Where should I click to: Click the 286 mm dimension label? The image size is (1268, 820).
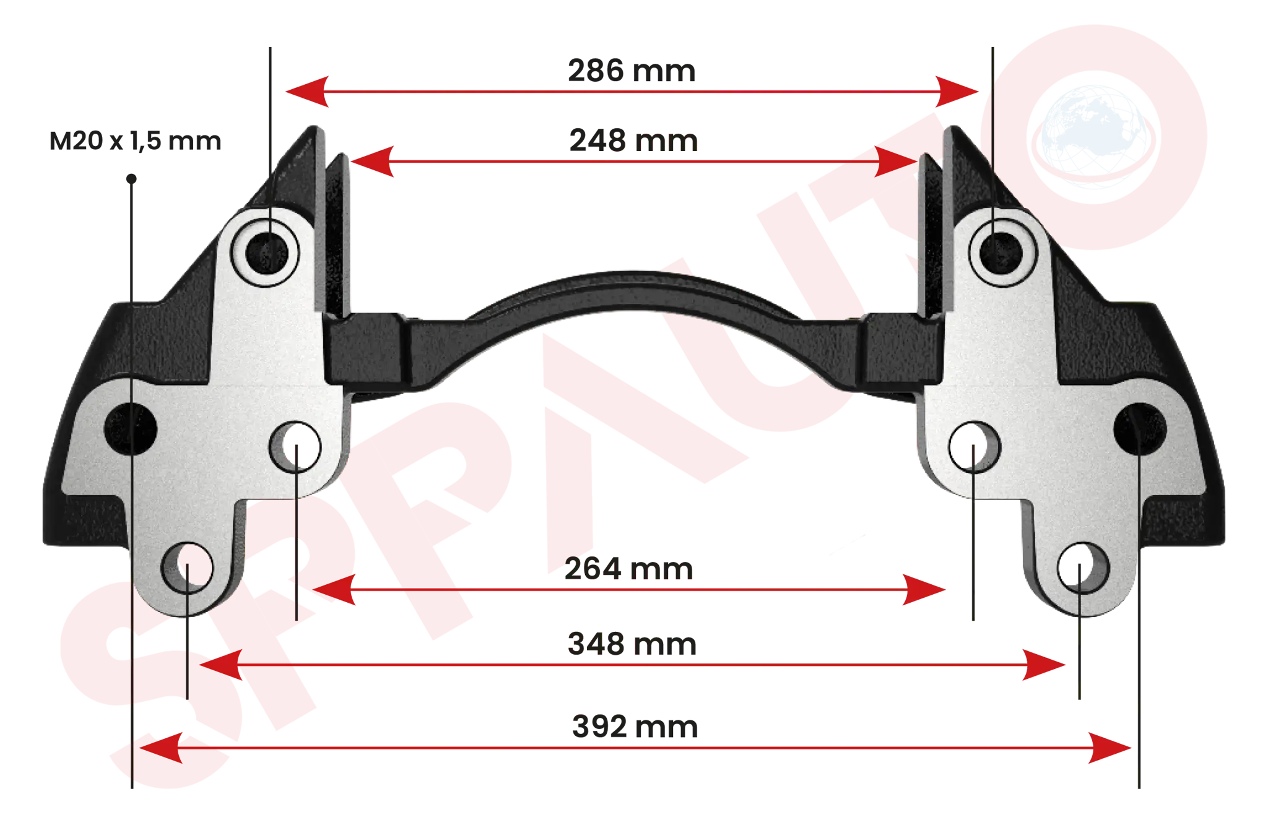click(632, 71)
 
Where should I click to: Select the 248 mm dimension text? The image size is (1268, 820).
click(633, 140)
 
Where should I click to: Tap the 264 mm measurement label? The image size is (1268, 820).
click(628, 569)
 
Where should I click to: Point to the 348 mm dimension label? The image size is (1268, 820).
click(632, 644)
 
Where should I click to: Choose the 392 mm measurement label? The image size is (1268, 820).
click(635, 727)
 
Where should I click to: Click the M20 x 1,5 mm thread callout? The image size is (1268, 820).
click(135, 141)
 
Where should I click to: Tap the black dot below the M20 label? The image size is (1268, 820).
click(131, 179)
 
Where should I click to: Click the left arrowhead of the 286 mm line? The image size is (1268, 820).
click(307, 92)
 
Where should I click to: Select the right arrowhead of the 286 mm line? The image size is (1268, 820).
click(957, 92)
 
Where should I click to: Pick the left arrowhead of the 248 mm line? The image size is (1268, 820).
click(372, 162)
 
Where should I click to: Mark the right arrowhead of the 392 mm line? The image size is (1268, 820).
click(1110, 748)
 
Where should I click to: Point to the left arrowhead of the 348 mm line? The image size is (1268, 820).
click(221, 665)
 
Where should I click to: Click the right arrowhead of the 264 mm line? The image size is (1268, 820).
click(924, 590)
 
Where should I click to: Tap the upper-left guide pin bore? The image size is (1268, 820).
click(266, 252)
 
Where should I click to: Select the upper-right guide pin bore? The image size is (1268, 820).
click(1001, 252)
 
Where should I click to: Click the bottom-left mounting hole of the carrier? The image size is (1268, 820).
click(187, 568)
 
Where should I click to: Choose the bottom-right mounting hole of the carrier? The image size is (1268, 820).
click(1083, 568)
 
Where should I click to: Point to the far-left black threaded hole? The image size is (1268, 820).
click(131, 428)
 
